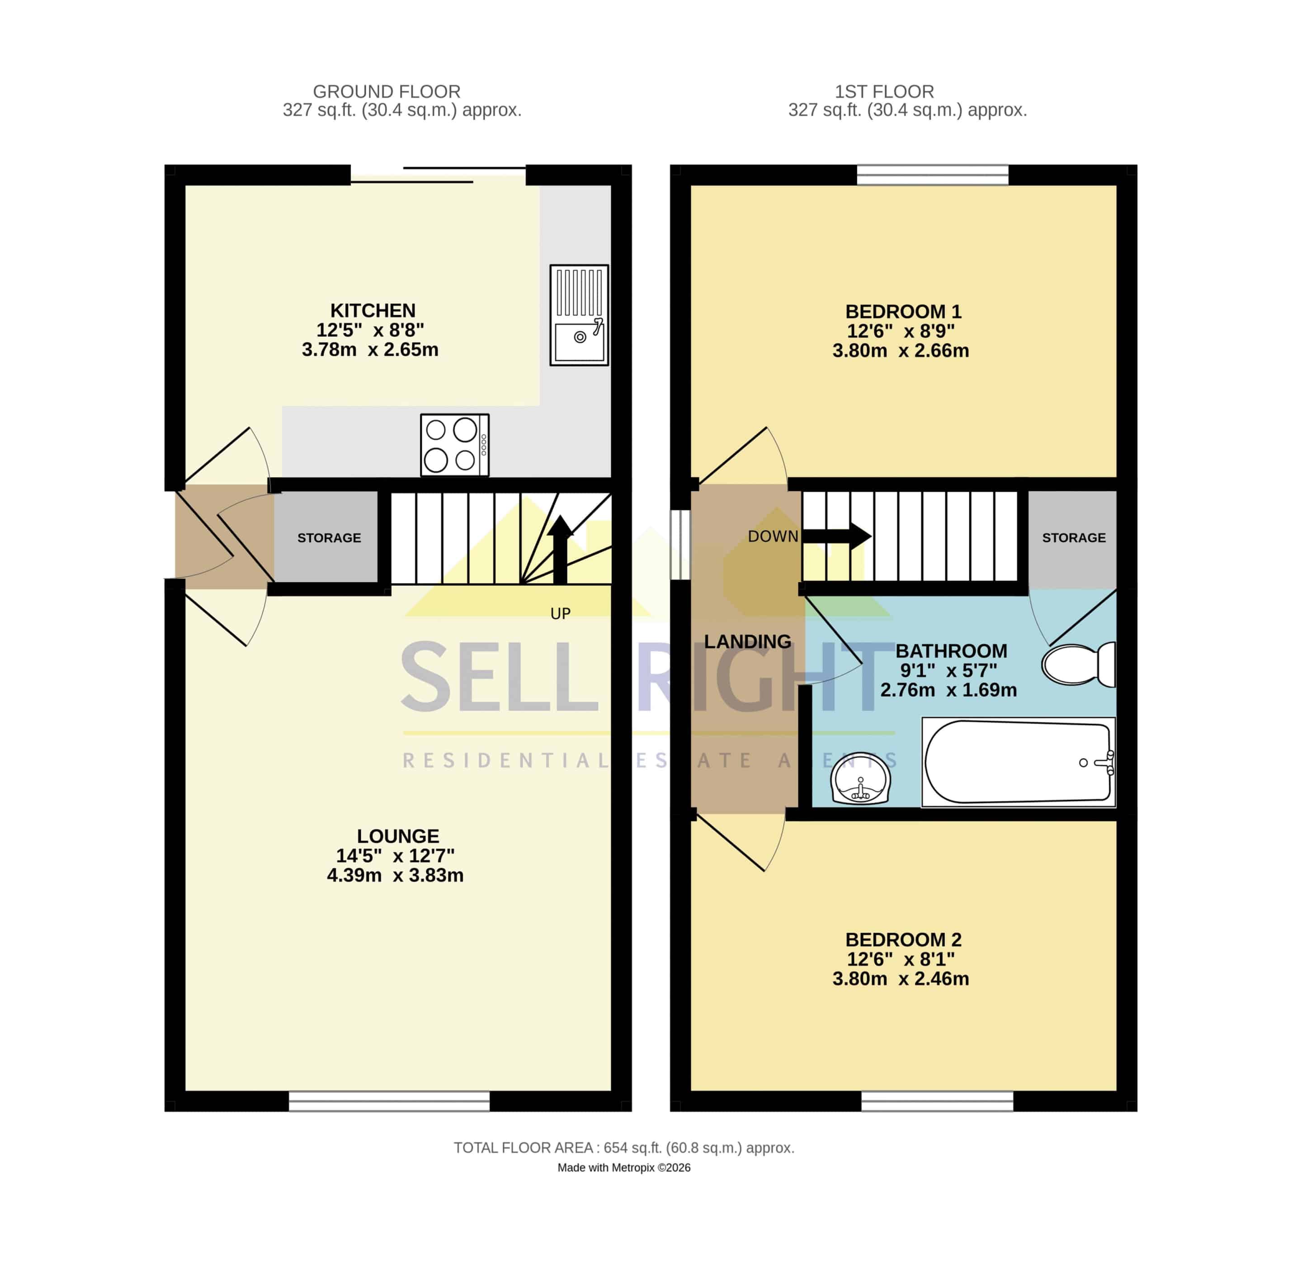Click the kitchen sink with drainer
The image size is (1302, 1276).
579,315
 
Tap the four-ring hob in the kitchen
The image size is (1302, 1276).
455,445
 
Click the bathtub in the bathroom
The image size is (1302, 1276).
1018,762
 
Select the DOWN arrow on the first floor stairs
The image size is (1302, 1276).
836,536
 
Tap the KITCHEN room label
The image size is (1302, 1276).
373,311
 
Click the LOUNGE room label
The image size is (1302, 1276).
398,836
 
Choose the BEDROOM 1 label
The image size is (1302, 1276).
903,312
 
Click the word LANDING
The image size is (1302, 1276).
747,641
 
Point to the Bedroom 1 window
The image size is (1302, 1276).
932,175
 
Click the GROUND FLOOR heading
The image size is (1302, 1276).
387,91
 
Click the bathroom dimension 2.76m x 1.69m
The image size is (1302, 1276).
948,690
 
